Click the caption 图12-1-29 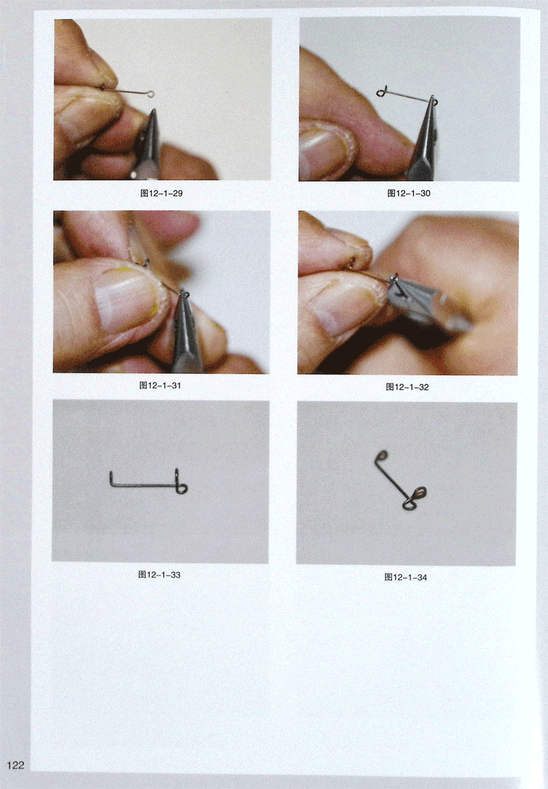(161, 193)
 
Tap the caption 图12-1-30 (409, 193)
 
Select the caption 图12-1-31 (160, 385)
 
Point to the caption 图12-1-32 (408, 387)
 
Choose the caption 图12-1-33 (159, 575)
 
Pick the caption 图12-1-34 (406, 577)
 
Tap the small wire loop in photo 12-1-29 (151, 94)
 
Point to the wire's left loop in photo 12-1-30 (380, 93)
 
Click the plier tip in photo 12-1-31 (184, 293)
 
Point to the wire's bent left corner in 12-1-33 (112, 485)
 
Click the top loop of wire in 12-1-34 (381, 455)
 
